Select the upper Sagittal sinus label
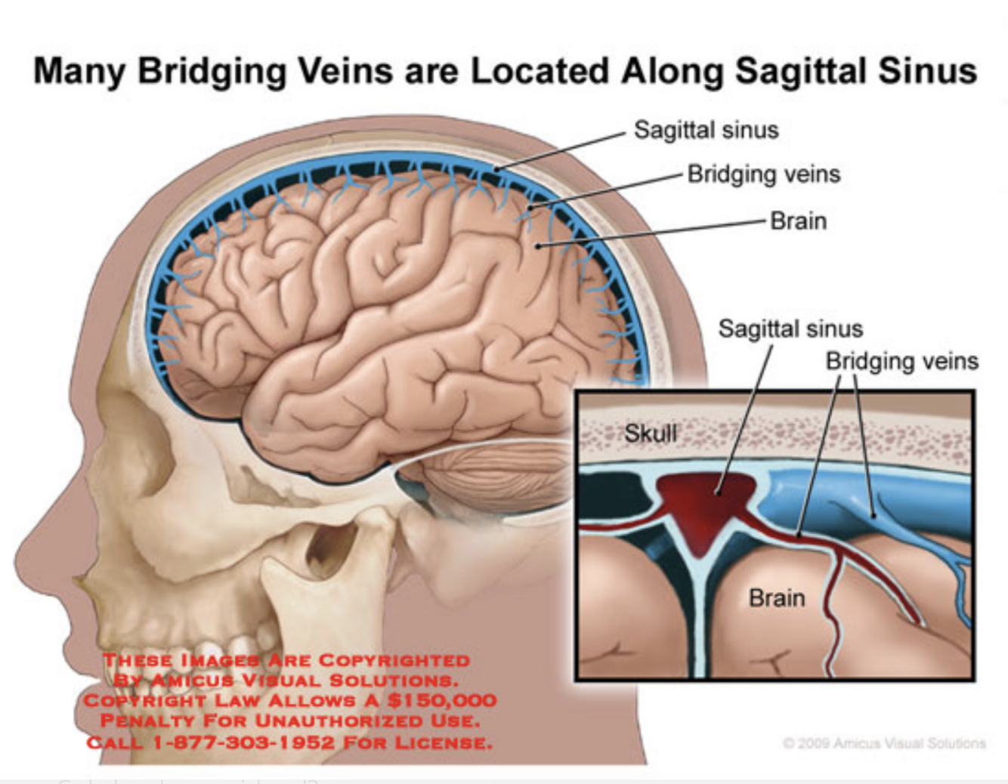pos(706,130)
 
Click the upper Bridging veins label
pos(763,174)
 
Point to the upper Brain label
pos(798,221)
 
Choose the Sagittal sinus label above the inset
pos(790,329)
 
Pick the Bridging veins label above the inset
pos(901,361)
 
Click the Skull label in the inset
pos(651,433)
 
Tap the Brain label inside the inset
pos(776,598)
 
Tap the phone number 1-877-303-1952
pos(243,742)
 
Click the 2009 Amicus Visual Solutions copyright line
pos(884,743)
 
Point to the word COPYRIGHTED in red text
pos(394,660)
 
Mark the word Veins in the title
pos(345,71)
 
